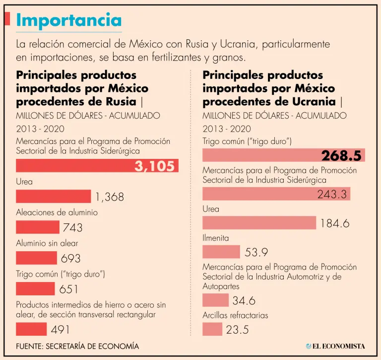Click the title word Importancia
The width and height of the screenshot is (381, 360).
coord(68,20)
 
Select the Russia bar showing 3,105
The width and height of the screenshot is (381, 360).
coord(97,166)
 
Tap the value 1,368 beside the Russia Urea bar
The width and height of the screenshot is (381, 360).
coord(110,197)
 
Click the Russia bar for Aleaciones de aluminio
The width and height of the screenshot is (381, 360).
coord(37,227)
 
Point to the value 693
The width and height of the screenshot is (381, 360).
coord(70,258)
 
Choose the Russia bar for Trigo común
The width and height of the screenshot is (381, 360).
coord(35,288)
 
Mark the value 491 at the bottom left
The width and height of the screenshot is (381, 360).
coord(60,329)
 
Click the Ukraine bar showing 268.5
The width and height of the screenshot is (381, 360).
coord(283,155)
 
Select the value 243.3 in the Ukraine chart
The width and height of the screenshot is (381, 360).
coord(332,194)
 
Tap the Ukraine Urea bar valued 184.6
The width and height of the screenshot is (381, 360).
coord(259,222)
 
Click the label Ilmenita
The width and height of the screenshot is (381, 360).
coord(216,238)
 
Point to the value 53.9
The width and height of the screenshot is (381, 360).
coord(256,252)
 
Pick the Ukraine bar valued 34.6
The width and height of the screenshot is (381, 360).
coord(215,300)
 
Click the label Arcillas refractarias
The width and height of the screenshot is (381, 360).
coord(235,315)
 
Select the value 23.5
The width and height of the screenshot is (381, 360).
coord(237,330)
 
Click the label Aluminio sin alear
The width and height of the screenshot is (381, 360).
coord(47,243)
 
